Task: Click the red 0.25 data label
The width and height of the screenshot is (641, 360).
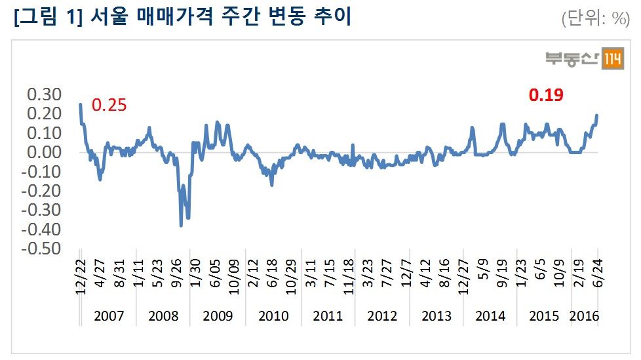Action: tap(109, 105)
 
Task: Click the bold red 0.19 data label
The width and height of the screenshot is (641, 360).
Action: tap(546, 95)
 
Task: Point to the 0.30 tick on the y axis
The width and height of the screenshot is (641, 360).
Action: tap(43, 94)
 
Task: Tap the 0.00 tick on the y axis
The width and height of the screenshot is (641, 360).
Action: tap(43, 152)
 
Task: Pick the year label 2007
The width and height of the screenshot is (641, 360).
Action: tap(109, 316)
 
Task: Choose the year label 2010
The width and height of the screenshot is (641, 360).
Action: tap(273, 316)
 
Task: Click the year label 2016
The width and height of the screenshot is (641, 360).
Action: tap(585, 316)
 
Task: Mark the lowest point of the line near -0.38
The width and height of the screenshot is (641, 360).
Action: tap(181, 226)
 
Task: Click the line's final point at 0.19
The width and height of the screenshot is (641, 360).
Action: tap(597, 115)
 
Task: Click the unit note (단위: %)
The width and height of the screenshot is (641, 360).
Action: tap(594, 19)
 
